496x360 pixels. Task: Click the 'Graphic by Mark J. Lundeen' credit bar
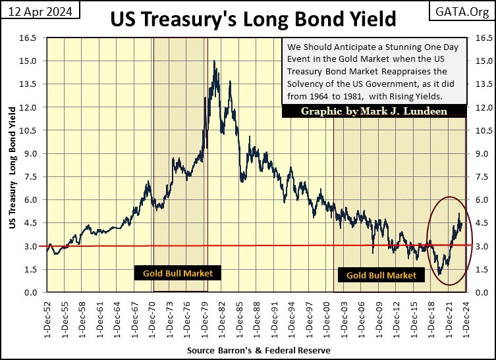click(373, 111)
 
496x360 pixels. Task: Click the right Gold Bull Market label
click(381, 275)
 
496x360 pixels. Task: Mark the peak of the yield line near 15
click(215, 61)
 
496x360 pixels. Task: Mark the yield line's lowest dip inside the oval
click(439, 274)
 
